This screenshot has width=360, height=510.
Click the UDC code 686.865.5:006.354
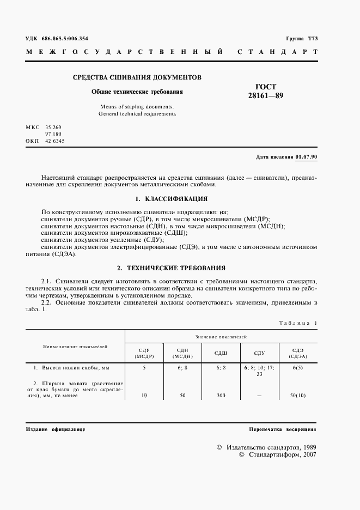click(65, 38)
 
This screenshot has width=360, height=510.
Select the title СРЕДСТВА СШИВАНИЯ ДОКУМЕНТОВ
click(137, 77)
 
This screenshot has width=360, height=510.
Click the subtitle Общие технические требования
click(137, 92)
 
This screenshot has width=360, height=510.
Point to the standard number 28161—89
click(266, 96)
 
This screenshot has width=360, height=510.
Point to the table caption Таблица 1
click(297, 323)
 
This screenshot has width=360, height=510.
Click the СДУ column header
click(259, 353)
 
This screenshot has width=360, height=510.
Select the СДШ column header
click(220, 353)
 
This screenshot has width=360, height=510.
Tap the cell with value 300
click(220, 395)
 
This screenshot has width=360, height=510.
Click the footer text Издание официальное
click(56, 429)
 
